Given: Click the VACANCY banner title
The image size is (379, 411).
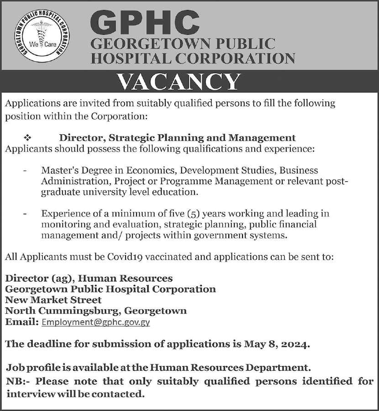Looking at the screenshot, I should coord(179,83).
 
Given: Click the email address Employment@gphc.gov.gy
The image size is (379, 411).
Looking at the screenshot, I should coord(95,322).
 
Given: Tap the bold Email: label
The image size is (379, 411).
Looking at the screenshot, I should coord(21,322).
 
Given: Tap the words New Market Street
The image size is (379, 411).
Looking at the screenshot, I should coord(53,300).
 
